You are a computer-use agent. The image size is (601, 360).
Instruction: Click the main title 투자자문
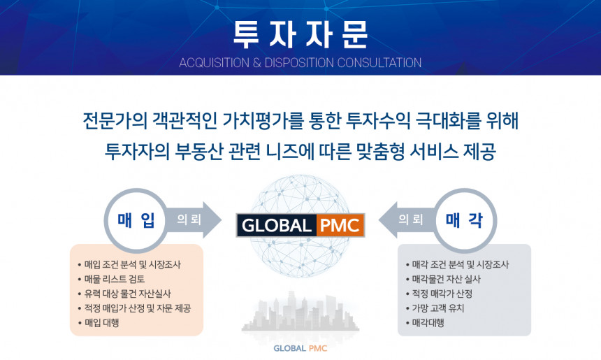(x=300, y=32)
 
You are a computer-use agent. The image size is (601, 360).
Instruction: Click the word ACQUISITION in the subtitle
(x=212, y=63)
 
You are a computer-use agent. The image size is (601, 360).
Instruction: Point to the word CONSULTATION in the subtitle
(x=379, y=63)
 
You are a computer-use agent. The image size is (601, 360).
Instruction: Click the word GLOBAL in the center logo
(x=277, y=226)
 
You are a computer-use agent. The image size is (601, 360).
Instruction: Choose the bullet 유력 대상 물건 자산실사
(x=127, y=294)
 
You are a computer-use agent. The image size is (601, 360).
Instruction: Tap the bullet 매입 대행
(x=101, y=323)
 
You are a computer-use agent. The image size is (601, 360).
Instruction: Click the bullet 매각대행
(x=428, y=323)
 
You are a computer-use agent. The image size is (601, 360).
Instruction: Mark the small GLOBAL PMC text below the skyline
(x=300, y=347)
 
